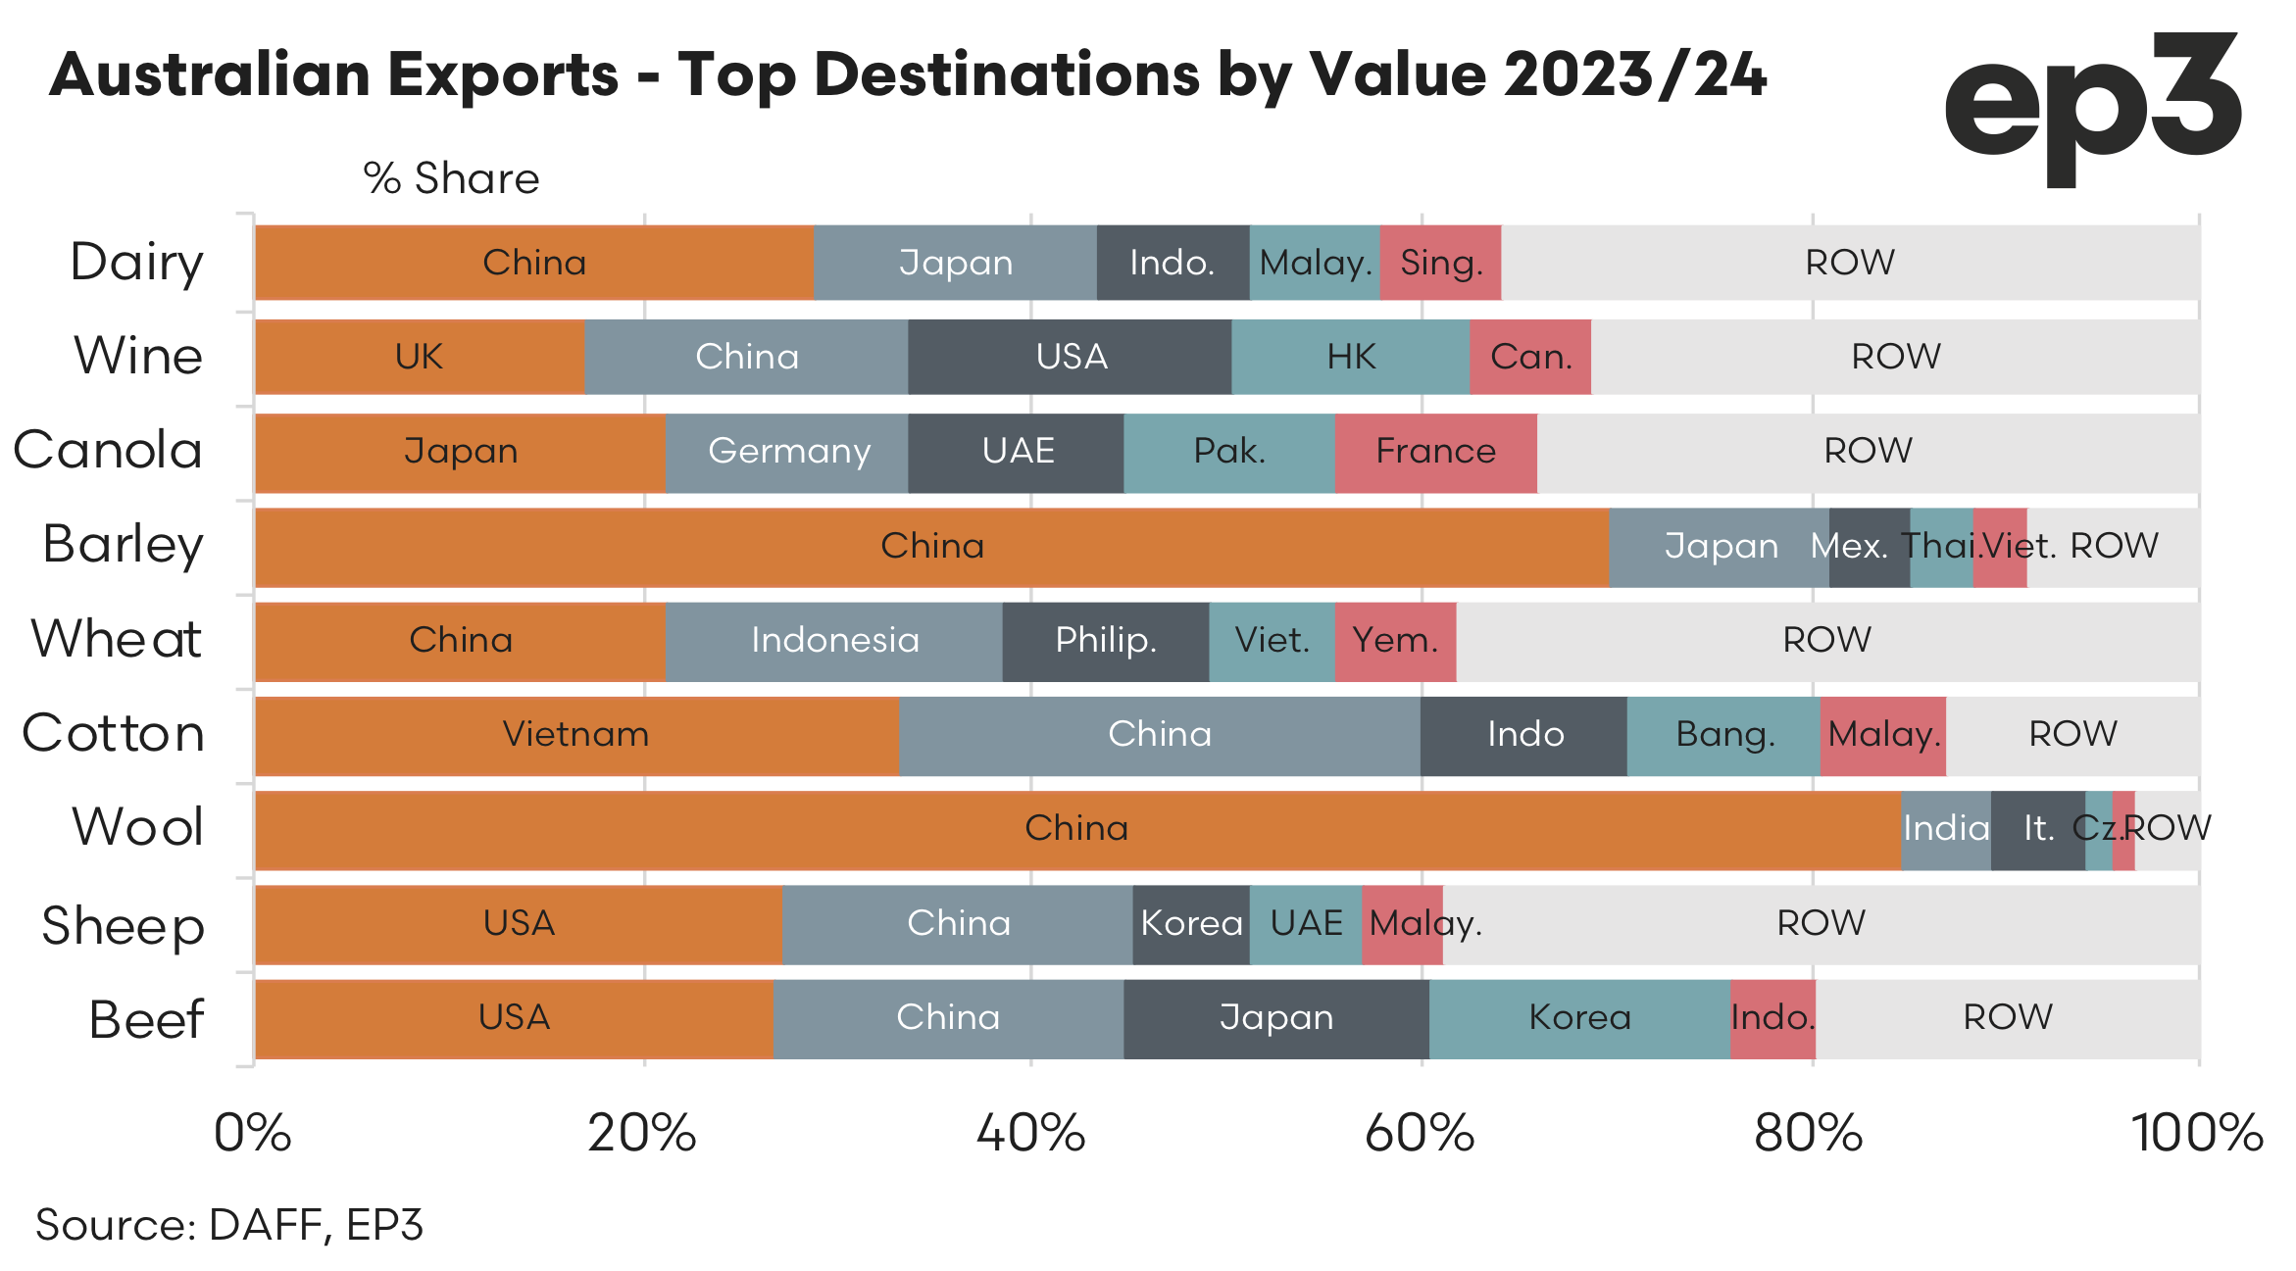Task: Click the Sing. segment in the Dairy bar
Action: [1440, 263]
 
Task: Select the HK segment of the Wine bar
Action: [1350, 357]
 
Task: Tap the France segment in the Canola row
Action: [1435, 452]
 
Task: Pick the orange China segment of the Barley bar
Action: [931, 546]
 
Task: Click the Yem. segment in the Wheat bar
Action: [1395, 641]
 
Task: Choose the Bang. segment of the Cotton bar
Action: [1723, 735]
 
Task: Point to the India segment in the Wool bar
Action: [1946, 829]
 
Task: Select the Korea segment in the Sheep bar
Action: [1191, 924]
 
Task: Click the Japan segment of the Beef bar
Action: [1275, 1018]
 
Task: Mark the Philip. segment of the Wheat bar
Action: [1105, 641]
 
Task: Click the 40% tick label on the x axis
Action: [1031, 1134]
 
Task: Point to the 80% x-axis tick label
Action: [1809, 1134]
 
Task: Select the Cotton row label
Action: [114, 733]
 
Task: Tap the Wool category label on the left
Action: [138, 827]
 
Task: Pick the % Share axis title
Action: [451, 178]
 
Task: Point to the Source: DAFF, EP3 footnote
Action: [229, 1225]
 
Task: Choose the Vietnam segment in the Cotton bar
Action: [576, 735]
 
